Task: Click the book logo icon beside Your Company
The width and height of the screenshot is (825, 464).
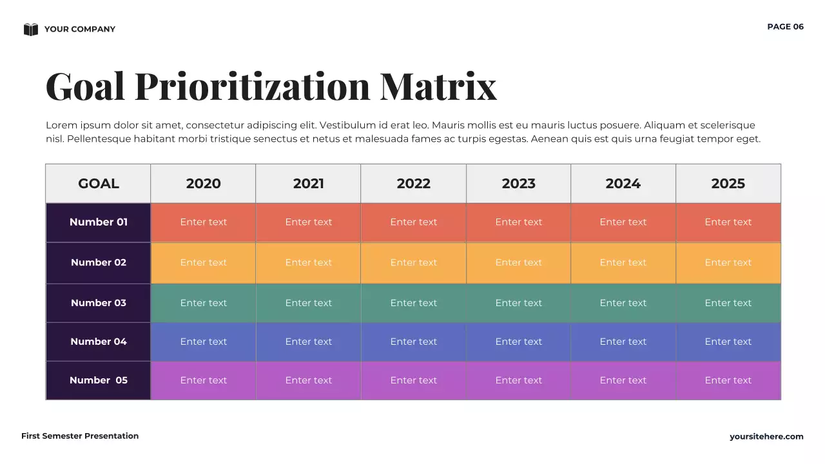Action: tap(31, 29)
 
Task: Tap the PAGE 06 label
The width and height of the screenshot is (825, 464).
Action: tap(785, 26)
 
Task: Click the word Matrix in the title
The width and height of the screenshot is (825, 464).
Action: tap(438, 86)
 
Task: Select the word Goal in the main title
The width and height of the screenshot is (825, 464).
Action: tap(85, 86)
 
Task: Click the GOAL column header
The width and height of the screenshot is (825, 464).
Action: tap(99, 184)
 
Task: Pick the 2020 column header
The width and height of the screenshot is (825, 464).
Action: tap(204, 184)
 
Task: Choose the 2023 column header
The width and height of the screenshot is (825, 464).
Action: tap(519, 184)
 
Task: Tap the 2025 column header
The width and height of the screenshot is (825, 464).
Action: tap(728, 184)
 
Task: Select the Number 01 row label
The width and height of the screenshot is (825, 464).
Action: tap(99, 222)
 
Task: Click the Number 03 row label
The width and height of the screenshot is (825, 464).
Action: tap(99, 303)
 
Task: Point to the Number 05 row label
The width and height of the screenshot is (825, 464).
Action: tap(99, 380)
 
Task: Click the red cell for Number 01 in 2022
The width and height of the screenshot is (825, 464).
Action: tap(414, 222)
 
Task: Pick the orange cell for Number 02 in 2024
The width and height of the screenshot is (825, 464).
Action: tap(623, 263)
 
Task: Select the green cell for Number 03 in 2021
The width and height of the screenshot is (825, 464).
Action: tap(309, 303)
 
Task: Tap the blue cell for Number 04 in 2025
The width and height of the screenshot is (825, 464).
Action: tap(728, 342)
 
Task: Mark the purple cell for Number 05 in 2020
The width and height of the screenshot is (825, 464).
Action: tap(204, 380)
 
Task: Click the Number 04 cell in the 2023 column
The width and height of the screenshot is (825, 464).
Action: tap(519, 342)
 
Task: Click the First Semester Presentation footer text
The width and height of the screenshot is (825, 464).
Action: tap(80, 436)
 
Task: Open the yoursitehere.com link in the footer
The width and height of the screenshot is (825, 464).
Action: tap(766, 437)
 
